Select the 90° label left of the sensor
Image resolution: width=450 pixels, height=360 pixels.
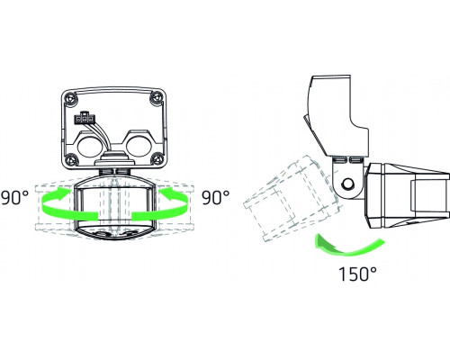pyautogui.click(x=17, y=194)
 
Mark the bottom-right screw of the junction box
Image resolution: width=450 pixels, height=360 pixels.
pyautogui.click(x=159, y=160)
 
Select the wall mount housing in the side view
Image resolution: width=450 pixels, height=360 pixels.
pyautogui.click(x=337, y=112)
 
